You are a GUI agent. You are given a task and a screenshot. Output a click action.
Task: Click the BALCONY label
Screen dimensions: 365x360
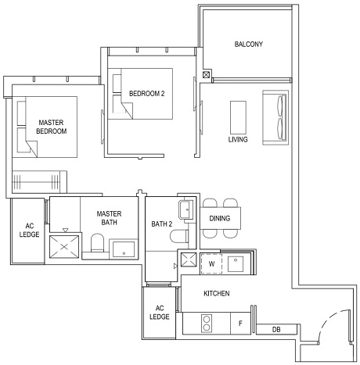pos(248,45)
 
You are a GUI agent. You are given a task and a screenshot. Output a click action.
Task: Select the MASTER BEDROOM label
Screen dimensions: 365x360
pos(52,127)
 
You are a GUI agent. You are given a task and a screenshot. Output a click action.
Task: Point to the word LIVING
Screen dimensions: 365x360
pos(238,140)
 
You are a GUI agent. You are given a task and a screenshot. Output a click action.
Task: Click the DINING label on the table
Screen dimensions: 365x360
pos(220,218)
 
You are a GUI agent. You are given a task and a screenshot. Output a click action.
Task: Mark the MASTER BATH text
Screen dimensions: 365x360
pos(107,218)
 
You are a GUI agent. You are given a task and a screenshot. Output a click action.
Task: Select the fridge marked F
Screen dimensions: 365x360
pos(239,321)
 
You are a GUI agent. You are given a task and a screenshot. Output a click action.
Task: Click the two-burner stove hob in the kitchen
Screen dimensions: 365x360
pos(209,321)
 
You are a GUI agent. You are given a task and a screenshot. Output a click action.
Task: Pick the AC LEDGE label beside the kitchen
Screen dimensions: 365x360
pos(160,311)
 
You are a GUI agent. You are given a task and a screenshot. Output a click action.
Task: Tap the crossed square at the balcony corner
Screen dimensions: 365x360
pos(206,75)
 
